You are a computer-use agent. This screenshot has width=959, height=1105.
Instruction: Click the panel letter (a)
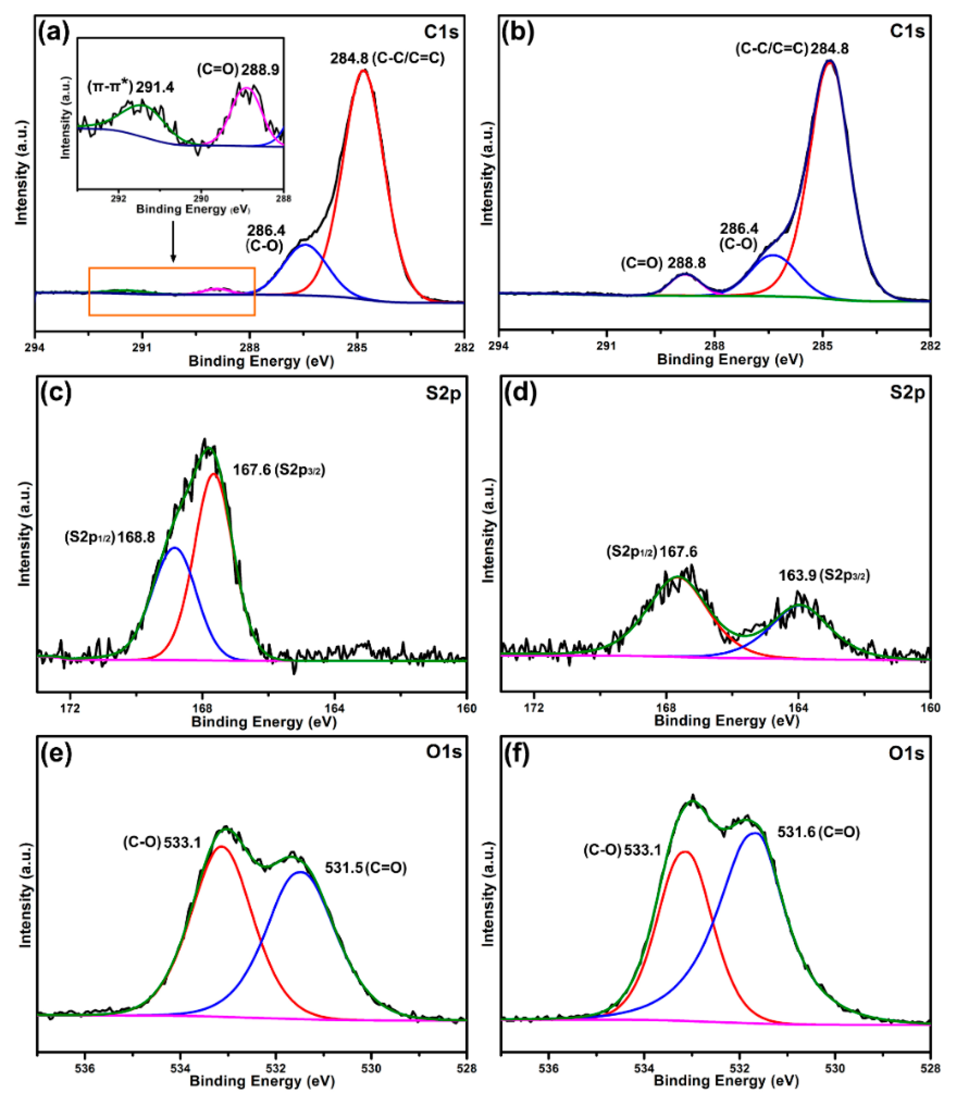(54, 33)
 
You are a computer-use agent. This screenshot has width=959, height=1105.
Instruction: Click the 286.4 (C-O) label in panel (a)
(265, 238)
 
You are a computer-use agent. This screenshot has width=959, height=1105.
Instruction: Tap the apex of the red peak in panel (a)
(364, 71)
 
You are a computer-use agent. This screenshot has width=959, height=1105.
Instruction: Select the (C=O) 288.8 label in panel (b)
(663, 263)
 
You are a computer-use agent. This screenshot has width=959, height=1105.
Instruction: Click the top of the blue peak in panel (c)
(175, 548)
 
